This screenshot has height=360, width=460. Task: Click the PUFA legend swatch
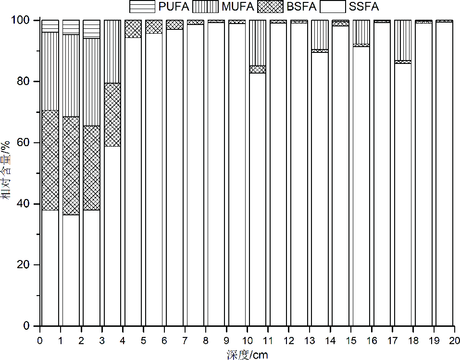coord(142,6)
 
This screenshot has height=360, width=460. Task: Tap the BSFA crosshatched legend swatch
coord(270,6)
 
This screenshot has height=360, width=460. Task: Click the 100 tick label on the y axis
coord(23,21)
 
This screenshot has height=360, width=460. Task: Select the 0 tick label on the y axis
coord(28,326)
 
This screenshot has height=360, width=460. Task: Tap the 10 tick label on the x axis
coord(247,340)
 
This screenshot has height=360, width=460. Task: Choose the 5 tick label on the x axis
coord(143,340)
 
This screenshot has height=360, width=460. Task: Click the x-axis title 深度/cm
coord(247,355)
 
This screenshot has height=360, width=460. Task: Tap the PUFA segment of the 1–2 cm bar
coord(71,27)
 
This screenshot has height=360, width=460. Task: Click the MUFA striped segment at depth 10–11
coord(258,43)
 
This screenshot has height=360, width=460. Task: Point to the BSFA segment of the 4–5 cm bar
coord(133,29)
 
